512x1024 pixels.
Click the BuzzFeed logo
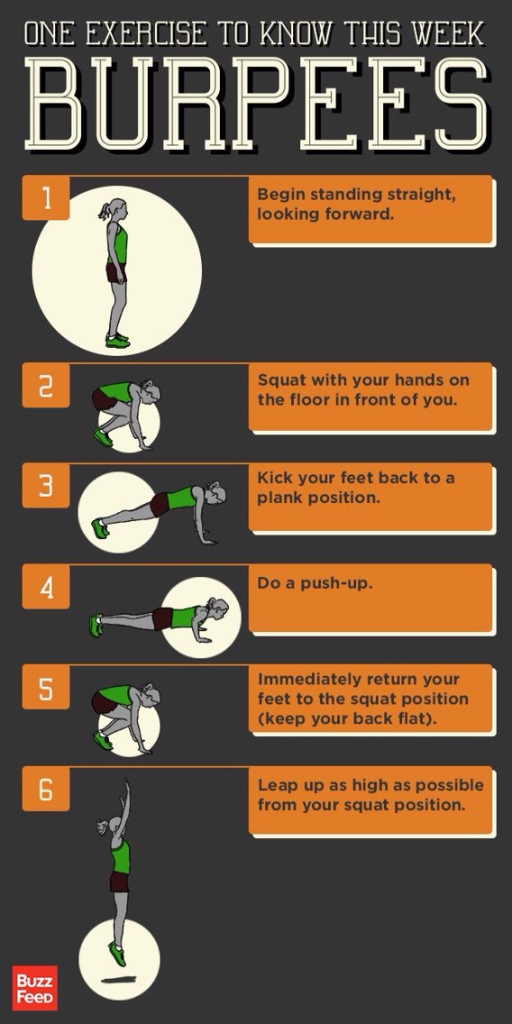pyautogui.click(x=35, y=987)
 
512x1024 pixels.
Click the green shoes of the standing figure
pyautogui.click(x=117, y=340)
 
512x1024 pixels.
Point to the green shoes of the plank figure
pyautogui.click(x=99, y=527)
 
